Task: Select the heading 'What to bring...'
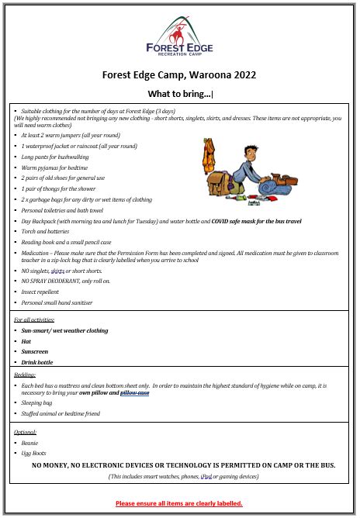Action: pos(179,95)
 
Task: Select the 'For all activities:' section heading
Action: pos(36,319)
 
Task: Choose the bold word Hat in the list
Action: pos(26,341)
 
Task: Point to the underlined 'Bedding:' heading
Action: pos(26,375)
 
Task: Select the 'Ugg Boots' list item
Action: pos(34,453)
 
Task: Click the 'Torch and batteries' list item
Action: pos(45,231)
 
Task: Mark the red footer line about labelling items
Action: pos(179,503)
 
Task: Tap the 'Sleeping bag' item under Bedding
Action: pos(37,403)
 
